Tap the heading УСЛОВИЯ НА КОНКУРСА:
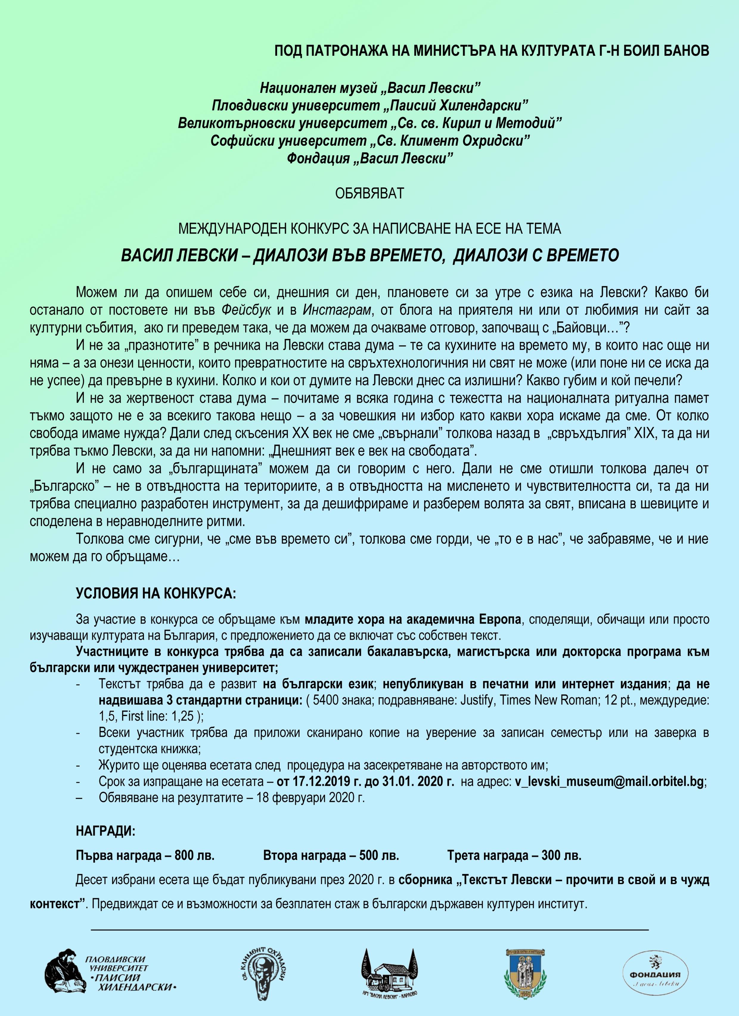pos(156,594)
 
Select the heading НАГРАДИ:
pos(105,831)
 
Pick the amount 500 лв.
pos(379,856)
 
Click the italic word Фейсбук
pos(246,310)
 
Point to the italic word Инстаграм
pos(337,310)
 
